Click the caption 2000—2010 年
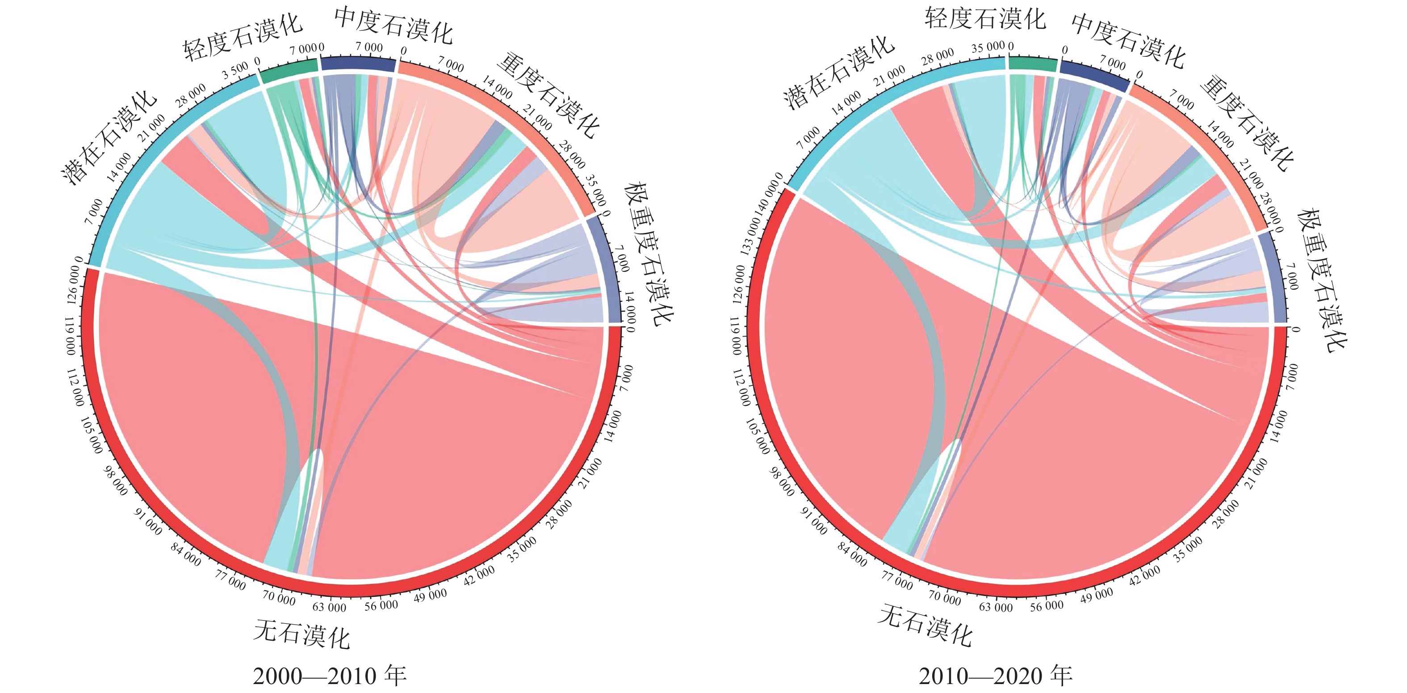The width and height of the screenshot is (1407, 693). [x=329, y=676]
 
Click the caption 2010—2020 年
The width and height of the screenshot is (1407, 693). [x=995, y=676]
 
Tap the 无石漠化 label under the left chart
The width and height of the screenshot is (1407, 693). [x=301, y=635]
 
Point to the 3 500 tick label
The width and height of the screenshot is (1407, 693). [x=235, y=70]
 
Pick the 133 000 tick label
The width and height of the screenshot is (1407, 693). [x=750, y=236]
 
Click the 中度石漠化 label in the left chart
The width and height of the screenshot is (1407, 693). [x=393, y=25]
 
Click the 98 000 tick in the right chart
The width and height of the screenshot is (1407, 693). [x=782, y=481]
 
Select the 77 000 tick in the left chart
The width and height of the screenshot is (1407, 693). [x=230, y=582]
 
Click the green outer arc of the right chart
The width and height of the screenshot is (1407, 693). [x=1032, y=64]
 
